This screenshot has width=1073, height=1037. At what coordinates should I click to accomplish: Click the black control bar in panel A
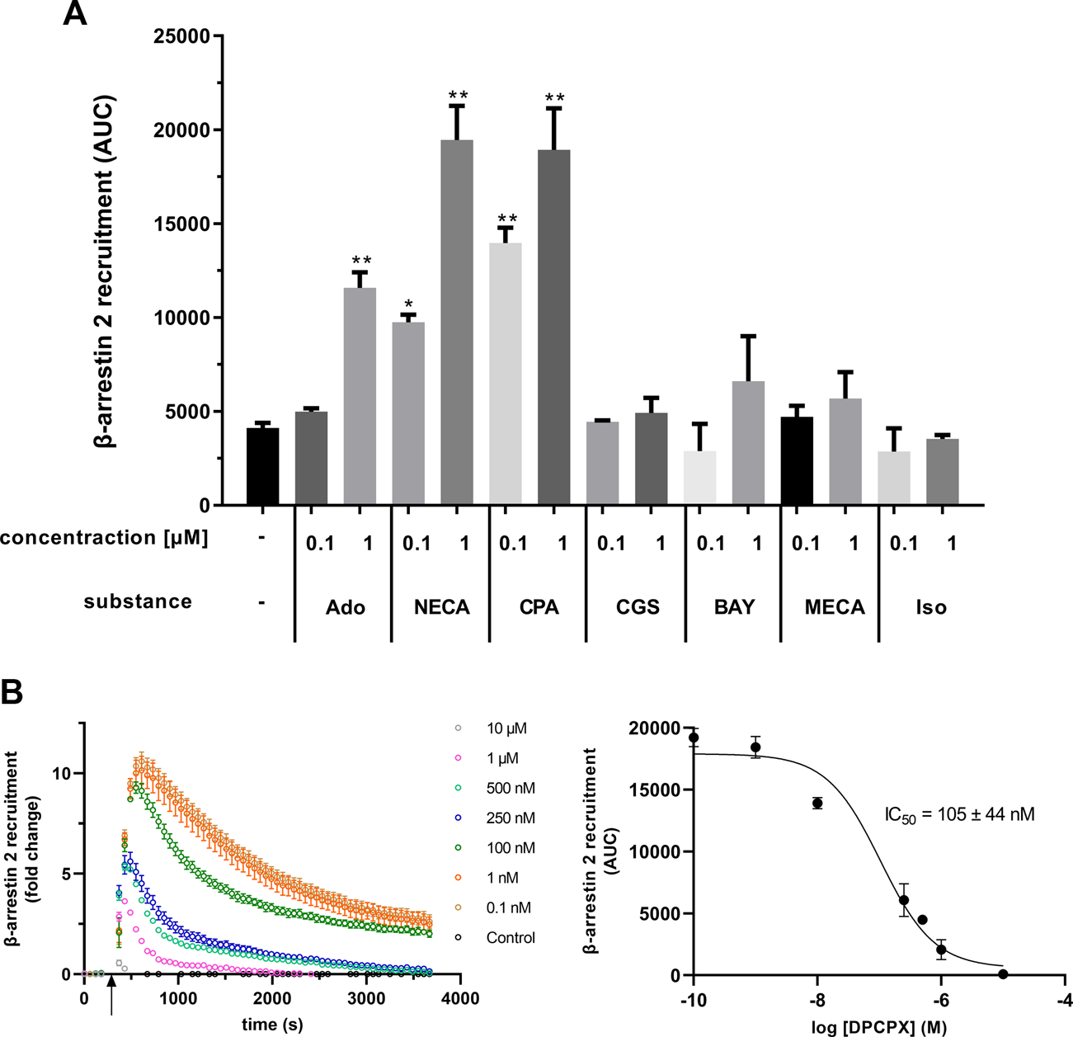(263, 466)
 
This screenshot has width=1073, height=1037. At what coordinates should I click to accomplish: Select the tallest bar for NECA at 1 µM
(457, 322)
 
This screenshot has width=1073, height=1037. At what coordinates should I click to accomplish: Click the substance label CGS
(638, 608)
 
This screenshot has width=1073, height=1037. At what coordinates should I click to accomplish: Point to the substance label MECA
(835, 608)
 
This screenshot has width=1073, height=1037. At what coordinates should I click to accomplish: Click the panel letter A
(75, 15)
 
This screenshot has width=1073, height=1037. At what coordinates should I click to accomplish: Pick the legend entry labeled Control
(510, 938)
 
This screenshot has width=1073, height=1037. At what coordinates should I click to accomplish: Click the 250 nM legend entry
(510, 818)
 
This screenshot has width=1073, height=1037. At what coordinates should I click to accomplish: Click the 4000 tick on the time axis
(460, 998)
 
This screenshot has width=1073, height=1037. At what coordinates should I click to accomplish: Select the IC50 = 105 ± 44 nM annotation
(958, 815)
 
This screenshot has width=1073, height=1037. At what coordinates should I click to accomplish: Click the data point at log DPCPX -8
(817, 803)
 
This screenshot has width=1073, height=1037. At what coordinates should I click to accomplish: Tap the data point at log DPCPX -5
(1003, 974)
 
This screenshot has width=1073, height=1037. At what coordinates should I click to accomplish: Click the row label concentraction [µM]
(104, 538)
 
